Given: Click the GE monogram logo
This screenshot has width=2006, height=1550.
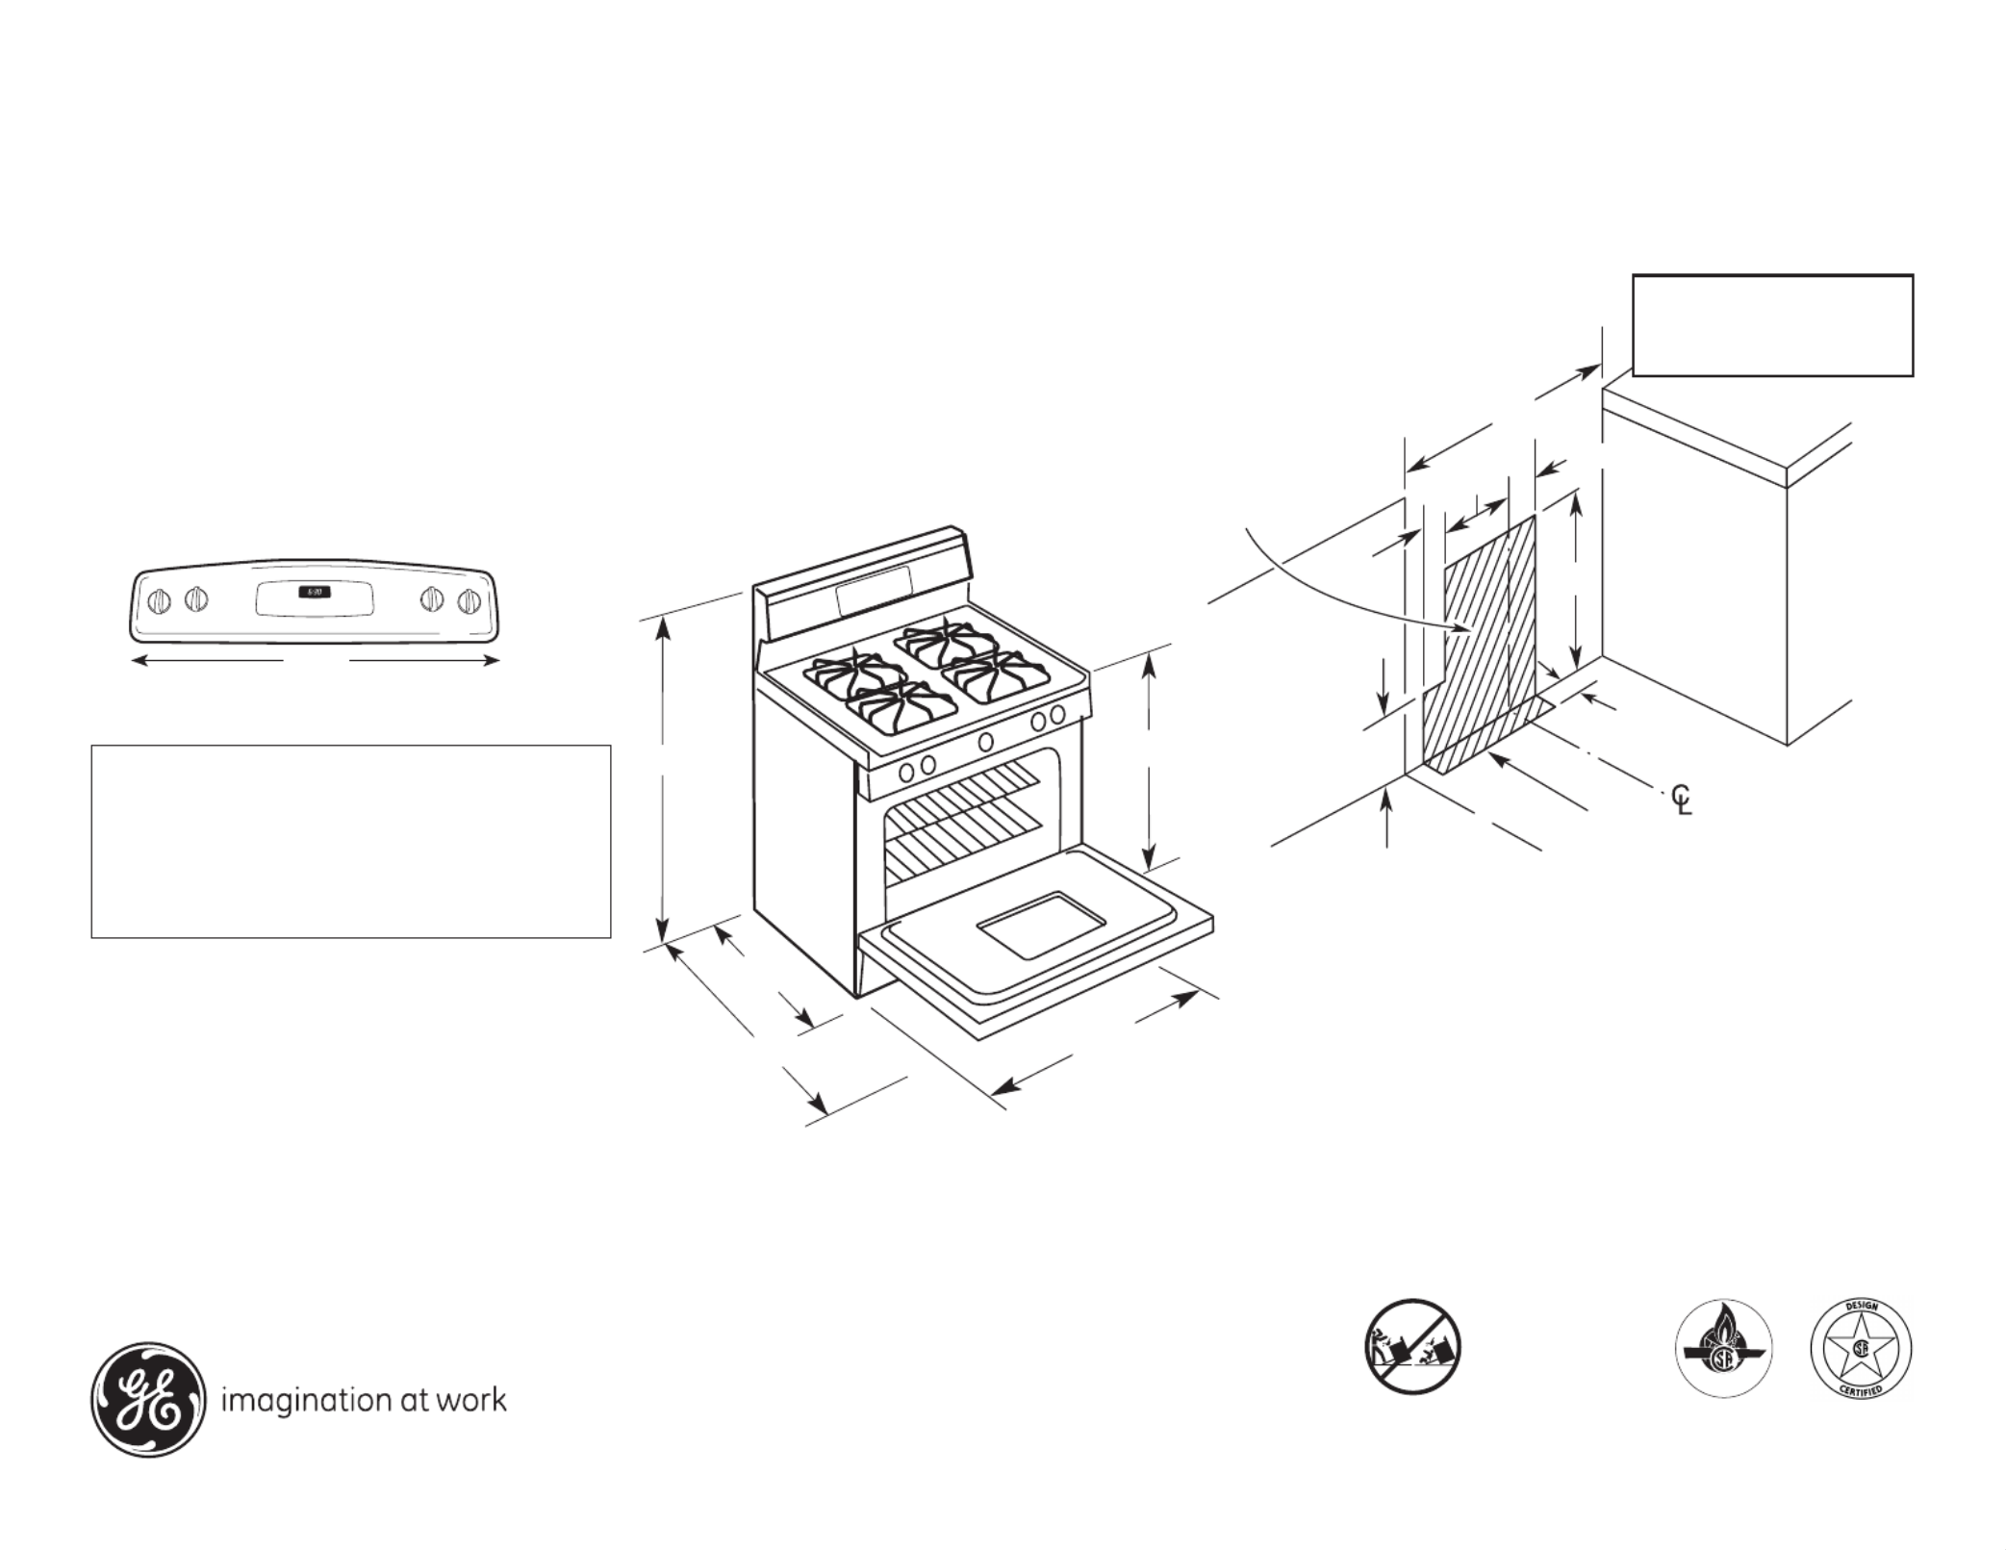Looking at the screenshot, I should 148,1399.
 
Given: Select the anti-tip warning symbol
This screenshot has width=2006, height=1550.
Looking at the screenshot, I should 1412,1347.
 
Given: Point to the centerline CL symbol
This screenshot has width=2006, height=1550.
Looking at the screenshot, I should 1681,800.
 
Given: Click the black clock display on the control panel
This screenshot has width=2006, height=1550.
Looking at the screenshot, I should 314,592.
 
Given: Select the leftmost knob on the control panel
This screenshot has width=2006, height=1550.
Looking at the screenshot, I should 160,601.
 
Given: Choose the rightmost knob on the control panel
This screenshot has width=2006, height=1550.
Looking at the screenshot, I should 469,601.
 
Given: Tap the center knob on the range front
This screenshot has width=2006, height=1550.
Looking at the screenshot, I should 986,742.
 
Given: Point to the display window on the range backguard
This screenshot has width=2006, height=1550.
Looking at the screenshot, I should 874,591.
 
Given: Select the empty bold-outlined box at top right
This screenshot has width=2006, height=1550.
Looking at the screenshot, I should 1772,325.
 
